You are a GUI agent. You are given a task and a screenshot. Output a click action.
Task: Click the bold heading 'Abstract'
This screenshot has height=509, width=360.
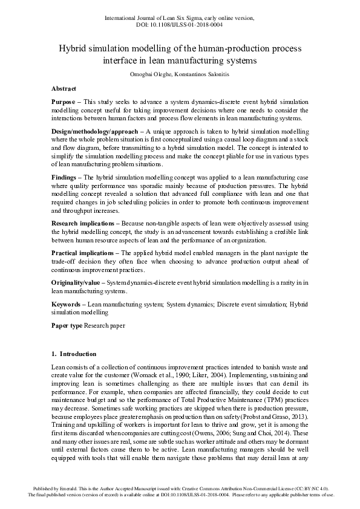(64, 88)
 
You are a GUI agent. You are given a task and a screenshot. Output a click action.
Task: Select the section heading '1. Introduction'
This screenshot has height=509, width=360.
(73, 354)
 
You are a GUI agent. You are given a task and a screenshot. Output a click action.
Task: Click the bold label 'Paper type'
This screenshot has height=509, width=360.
(67, 326)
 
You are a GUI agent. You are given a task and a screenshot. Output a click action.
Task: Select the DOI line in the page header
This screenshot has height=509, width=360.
(180, 25)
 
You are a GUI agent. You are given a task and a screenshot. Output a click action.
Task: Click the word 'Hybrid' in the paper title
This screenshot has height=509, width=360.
(73, 48)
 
